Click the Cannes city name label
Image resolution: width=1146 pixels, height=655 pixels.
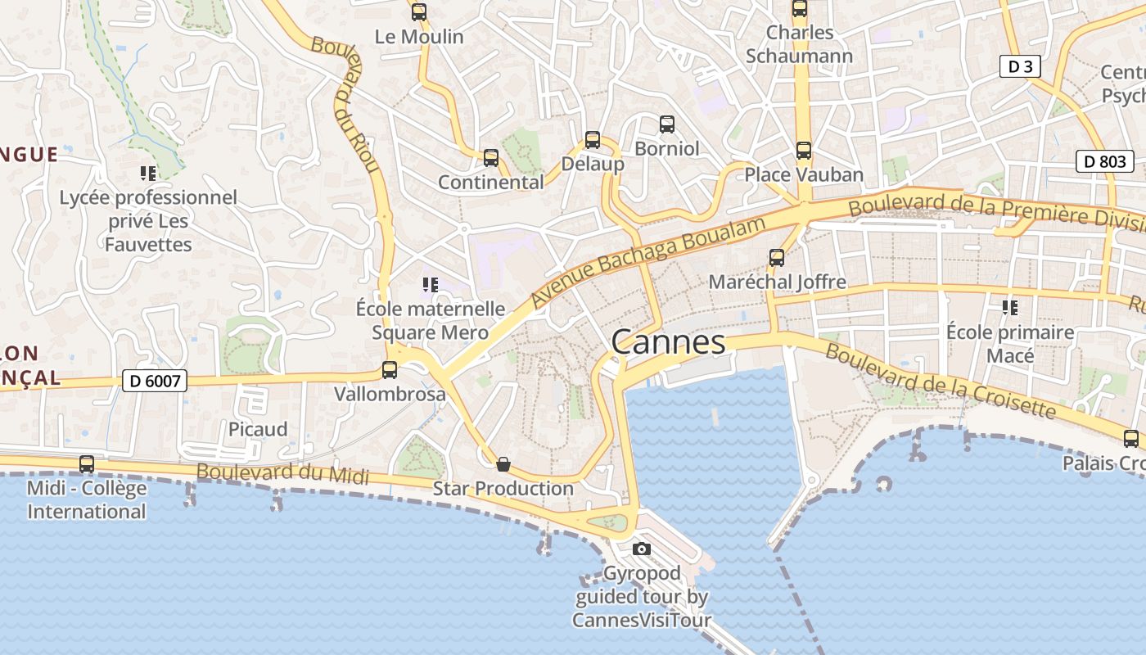pos(668,342)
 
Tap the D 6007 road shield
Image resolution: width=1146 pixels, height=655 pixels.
pos(155,380)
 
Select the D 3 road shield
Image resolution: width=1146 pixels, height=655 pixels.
pos(1020,66)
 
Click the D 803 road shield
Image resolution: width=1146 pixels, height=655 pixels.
pos(1104,161)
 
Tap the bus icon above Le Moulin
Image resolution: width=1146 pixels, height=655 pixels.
pos(419,12)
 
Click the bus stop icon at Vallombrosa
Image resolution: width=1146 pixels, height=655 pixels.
pos(390,370)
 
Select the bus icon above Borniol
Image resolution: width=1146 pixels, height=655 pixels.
pos(667,124)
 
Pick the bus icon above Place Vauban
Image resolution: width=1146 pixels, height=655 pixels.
pos(804,151)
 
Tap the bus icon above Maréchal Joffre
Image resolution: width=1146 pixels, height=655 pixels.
pos(777,258)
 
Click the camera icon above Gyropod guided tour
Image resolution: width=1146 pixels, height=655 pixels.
pos(642,549)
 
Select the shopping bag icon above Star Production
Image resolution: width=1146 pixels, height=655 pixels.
pos(503,464)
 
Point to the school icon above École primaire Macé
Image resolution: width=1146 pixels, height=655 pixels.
pos(1010,308)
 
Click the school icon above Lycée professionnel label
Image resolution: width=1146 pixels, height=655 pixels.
pos(148,173)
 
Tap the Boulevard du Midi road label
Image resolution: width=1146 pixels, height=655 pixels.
pos(282,474)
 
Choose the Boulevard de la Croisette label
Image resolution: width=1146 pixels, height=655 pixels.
pos(940,382)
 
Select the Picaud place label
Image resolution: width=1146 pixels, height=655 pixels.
pos(258,429)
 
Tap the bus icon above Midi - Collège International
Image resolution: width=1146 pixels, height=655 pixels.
pos(87,464)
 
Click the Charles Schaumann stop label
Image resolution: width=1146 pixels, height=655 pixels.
pos(799,44)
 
